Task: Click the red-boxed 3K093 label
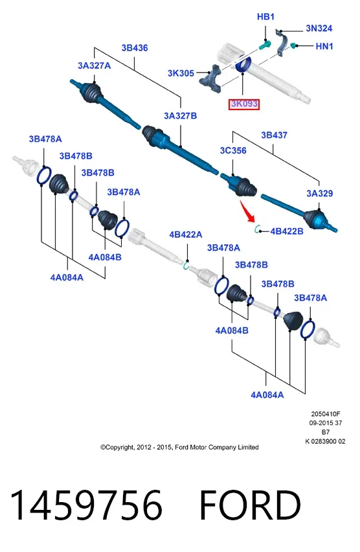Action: pos(244,104)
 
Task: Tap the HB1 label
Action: pos(265,17)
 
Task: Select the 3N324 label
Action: pos(319,28)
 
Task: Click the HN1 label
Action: pos(324,46)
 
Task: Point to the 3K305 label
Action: pos(181,73)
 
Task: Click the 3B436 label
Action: pos(135,48)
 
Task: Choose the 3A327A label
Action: pos(95,66)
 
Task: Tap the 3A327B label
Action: pos(180,116)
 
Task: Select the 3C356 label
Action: pos(233,151)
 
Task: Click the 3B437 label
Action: pos(274,135)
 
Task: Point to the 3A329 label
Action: pos(319,193)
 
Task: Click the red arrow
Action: pos(248,211)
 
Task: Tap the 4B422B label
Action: pos(287,231)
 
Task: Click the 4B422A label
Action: pos(186,235)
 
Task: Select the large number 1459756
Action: pos(86,505)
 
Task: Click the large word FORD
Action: pos(250,505)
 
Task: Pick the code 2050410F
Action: pos(326,414)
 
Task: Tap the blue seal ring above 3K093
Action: pos(243,64)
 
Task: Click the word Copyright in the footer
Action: pos(120,448)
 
